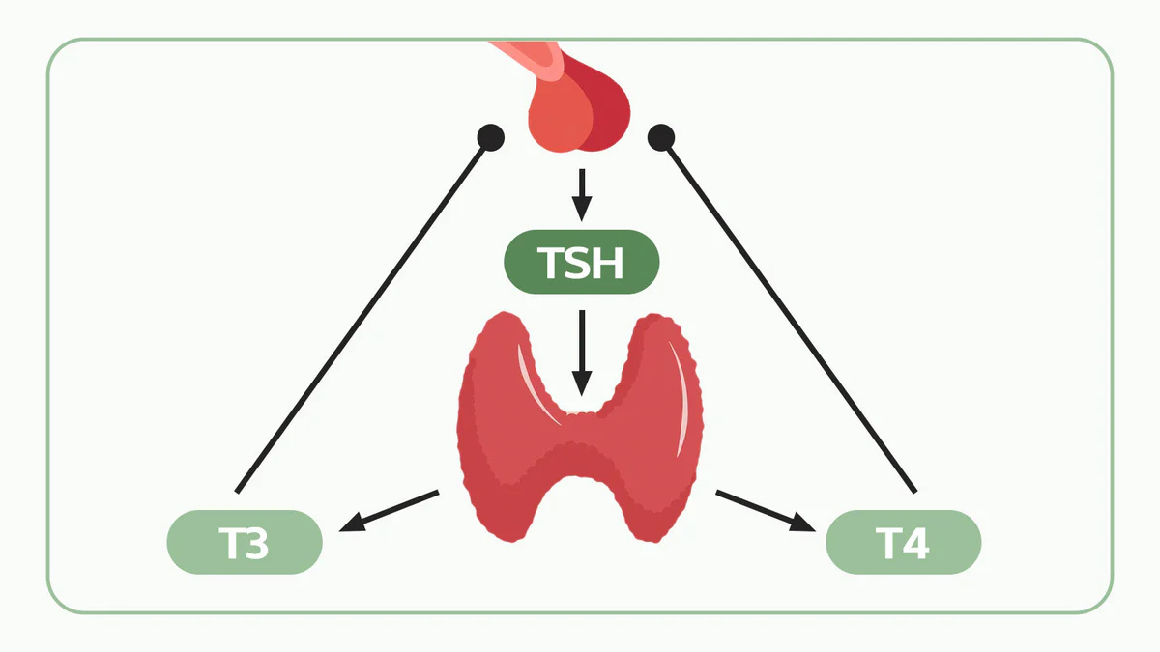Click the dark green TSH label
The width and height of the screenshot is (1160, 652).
(x=581, y=262)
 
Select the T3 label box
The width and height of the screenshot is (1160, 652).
(x=244, y=542)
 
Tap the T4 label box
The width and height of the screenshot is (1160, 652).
(x=903, y=542)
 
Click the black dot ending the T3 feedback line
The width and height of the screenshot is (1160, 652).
(x=491, y=138)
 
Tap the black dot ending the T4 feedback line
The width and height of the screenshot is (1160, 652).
(x=660, y=138)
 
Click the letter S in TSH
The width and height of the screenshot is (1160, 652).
(x=581, y=262)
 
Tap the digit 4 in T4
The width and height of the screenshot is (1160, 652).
(x=915, y=543)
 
